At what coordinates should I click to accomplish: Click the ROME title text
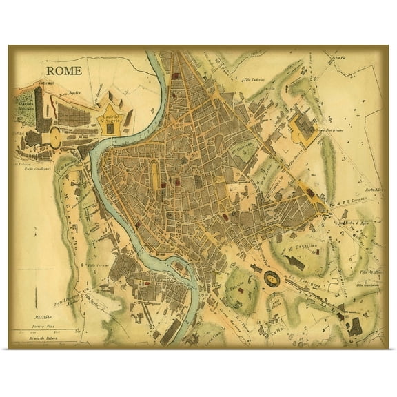65,70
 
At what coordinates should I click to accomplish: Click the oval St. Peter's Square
53,136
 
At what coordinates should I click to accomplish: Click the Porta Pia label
337,65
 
